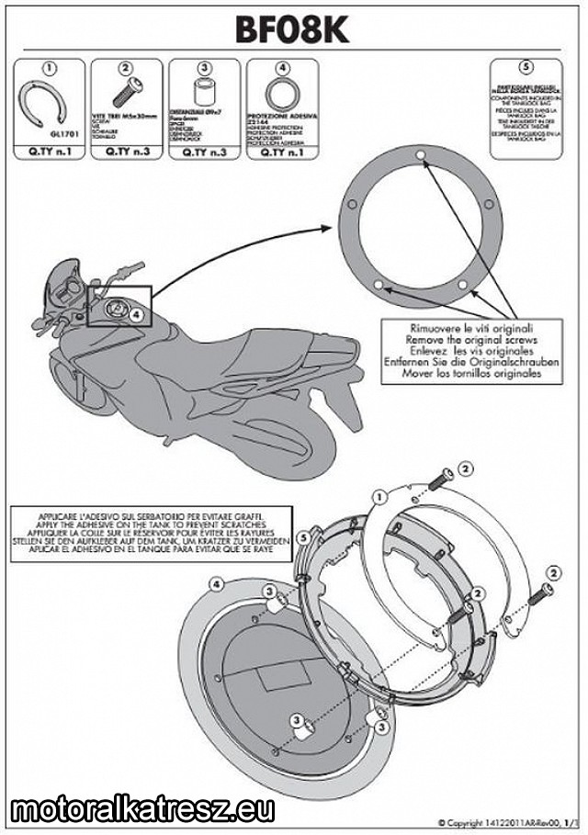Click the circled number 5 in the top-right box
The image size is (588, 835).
(525, 66)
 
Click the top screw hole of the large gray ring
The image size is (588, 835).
(419, 155)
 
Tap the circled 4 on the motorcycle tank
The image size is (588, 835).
(136, 314)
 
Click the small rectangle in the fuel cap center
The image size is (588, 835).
(266, 678)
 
